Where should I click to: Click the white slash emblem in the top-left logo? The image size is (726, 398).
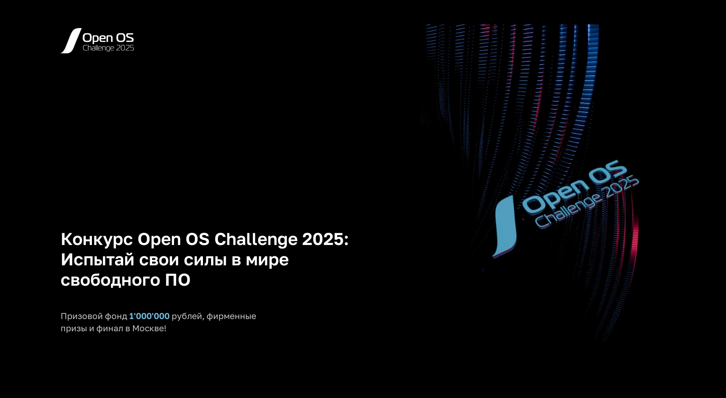[71, 41]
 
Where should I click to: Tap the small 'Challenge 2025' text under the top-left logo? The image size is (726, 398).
[108, 48]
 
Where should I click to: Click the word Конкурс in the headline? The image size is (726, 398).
[97, 240]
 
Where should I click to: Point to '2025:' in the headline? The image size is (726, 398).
[325, 239]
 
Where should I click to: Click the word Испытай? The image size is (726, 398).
[98, 260]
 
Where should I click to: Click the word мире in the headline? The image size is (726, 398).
[267, 260]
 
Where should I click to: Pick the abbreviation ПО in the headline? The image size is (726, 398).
[178, 280]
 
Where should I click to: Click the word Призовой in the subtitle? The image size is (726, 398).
[82, 316]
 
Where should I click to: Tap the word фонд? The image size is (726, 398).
[116, 316]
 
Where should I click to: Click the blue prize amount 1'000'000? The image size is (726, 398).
[149, 316]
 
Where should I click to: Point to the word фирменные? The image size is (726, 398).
[231, 317]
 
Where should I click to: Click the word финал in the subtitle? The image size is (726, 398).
[109, 328]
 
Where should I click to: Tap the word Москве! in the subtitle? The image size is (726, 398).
[149, 328]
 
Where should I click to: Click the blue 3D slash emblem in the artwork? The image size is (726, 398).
[505, 226]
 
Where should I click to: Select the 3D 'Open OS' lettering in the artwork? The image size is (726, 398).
[574, 186]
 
